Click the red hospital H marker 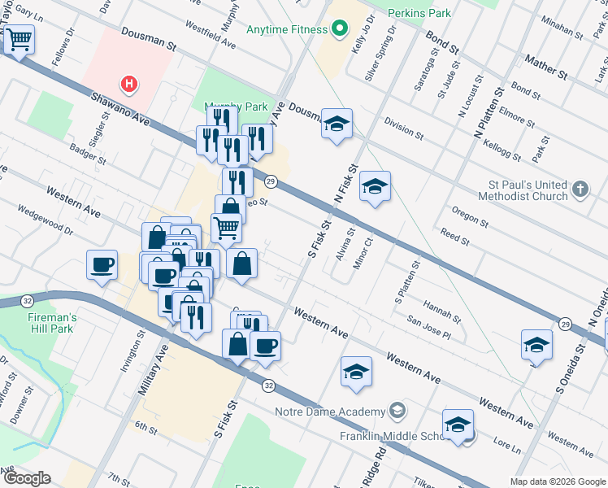pos(128,83)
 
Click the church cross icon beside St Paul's pos(579,190)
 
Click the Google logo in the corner pos(27,478)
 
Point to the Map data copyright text pos(557,481)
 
